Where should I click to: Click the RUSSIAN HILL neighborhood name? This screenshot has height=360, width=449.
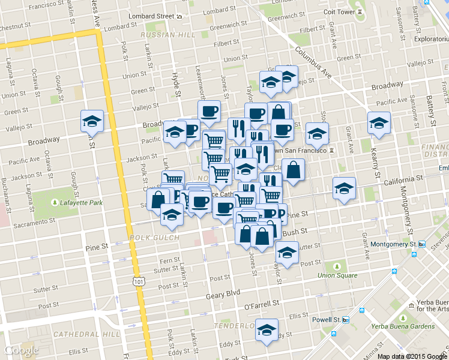click(x=165, y=35)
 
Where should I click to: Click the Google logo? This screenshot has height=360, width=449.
click(x=22, y=350)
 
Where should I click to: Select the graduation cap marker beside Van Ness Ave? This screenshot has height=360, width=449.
click(x=91, y=122)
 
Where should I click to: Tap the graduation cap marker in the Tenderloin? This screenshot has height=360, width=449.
click(x=267, y=330)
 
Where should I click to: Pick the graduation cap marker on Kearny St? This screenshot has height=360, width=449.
click(x=379, y=123)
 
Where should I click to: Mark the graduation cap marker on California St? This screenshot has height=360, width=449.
click(x=344, y=188)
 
